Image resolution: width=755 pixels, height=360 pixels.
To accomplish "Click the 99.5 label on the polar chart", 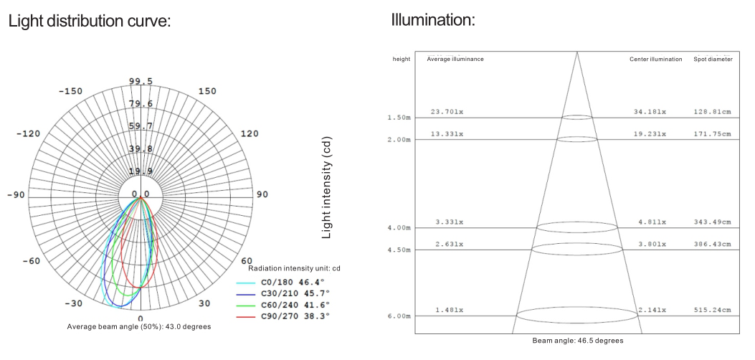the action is pyautogui.click(x=141, y=81).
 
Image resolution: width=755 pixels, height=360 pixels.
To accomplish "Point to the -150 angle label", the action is pyautogui.click(x=70, y=92).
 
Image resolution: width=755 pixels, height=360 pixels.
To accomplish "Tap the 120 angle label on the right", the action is pyautogui.click(x=250, y=134).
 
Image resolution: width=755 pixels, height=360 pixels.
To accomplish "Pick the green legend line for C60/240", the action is pyautogui.click(x=245, y=305).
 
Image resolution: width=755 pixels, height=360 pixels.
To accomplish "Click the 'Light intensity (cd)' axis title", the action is pyautogui.click(x=326, y=187).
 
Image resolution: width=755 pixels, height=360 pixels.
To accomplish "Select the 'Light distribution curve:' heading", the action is pyautogui.click(x=90, y=22).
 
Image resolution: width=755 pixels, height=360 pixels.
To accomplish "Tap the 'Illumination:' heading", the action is pyautogui.click(x=433, y=20).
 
